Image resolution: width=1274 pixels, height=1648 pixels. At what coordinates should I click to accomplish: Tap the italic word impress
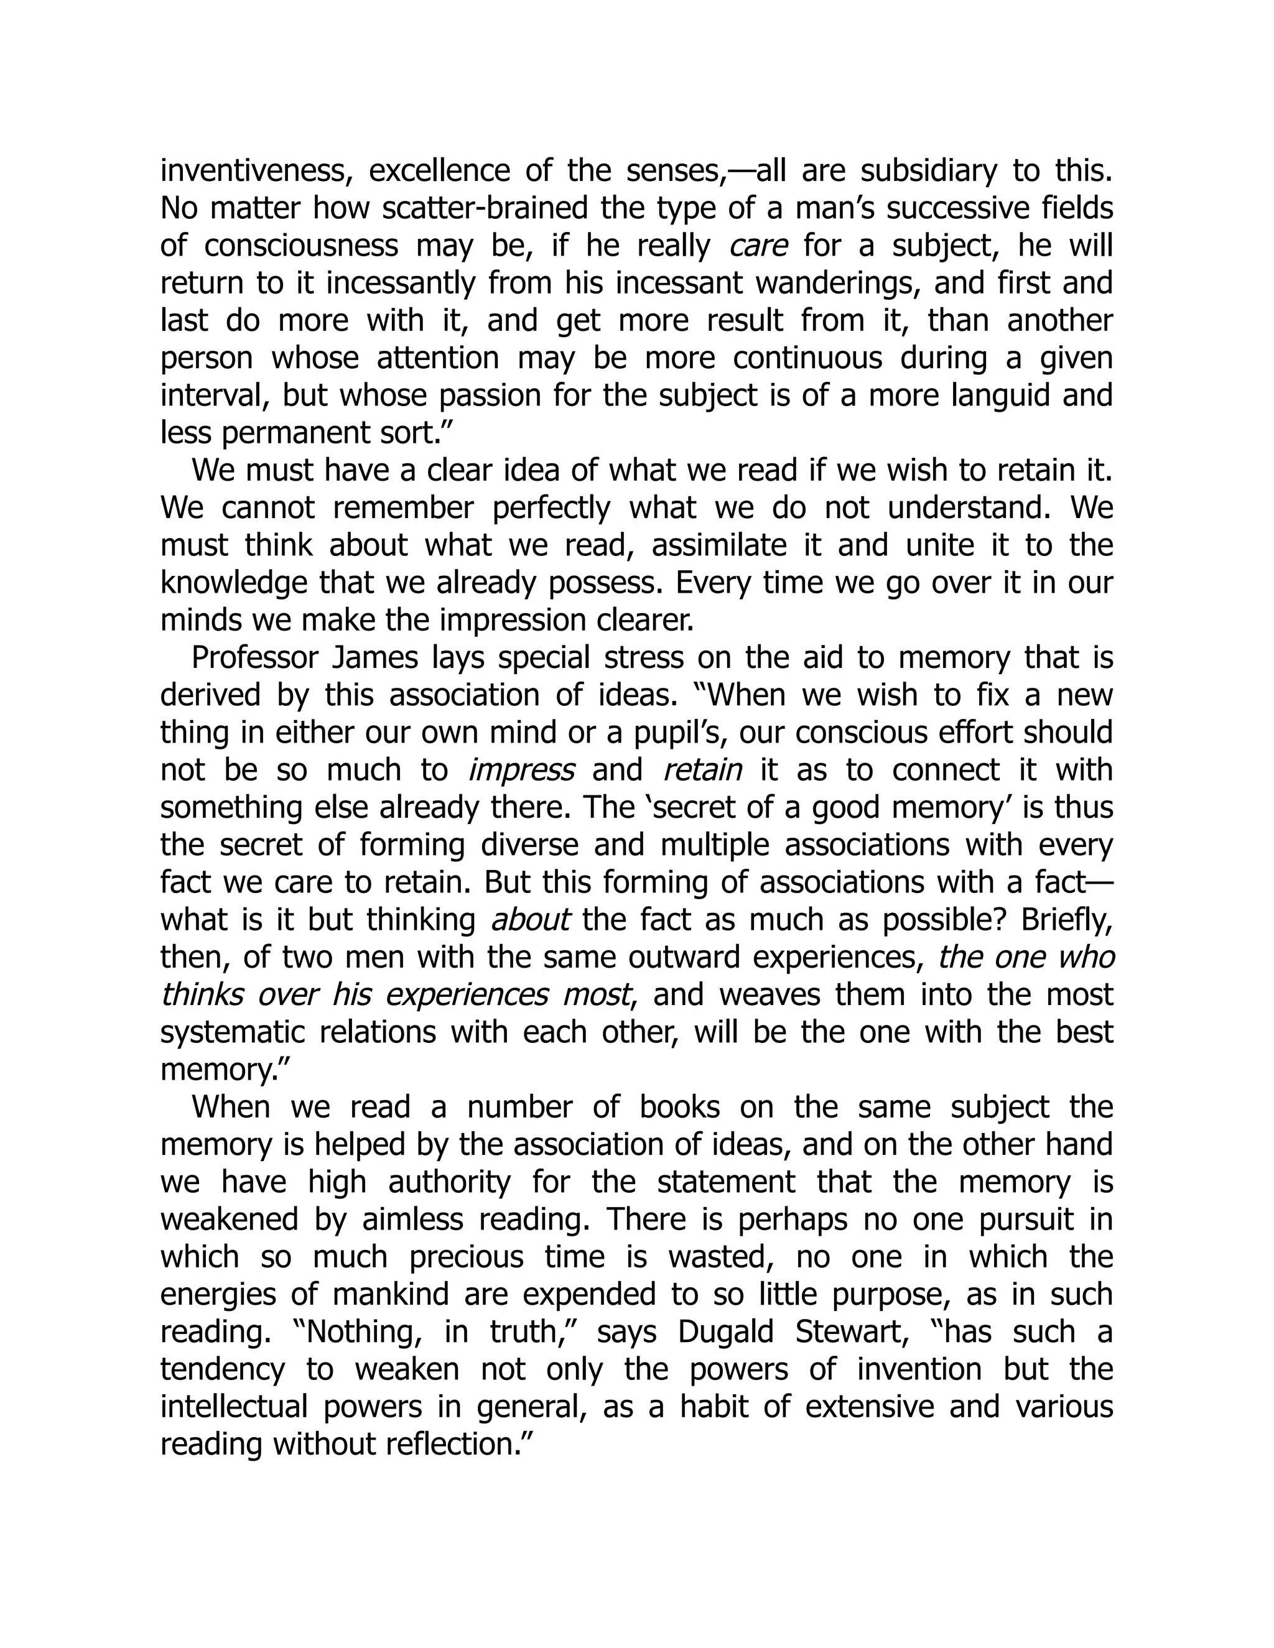(x=521, y=771)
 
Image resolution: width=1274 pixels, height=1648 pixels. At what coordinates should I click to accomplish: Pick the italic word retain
(x=702, y=771)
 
